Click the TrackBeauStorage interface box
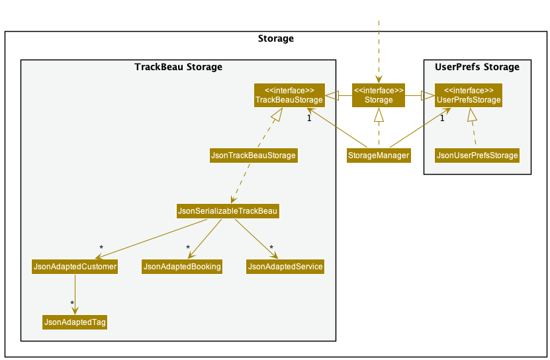point(289,95)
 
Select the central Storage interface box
point(379,95)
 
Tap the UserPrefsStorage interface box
point(469,95)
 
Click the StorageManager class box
point(379,156)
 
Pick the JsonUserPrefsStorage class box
point(477,156)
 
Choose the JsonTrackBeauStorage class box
point(253,156)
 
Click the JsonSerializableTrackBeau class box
point(228,211)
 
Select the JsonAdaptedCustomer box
point(75,267)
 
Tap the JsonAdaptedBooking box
point(182,267)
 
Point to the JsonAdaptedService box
point(285,267)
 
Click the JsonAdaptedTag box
point(75,322)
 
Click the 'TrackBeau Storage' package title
point(178,67)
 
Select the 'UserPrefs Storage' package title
point(477,67)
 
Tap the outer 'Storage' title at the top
point(275,38)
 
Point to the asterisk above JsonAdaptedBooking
point(188,248)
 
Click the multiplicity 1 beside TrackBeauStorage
point(308,118)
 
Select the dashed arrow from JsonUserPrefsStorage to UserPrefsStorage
point(473,128)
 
